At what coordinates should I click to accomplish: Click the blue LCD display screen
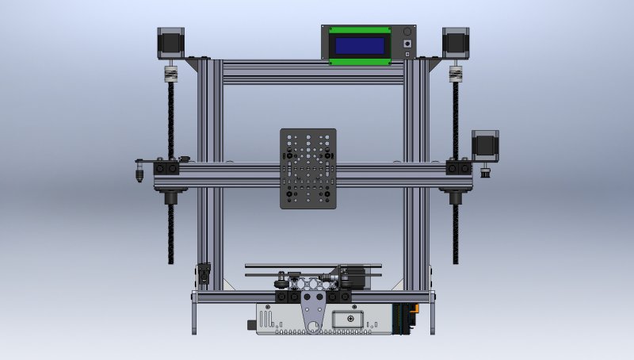click(361, 44)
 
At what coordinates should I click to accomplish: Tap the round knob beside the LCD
click(408, 42)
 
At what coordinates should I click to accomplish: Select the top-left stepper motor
click(170, 43)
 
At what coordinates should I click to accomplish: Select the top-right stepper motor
click(455, 43)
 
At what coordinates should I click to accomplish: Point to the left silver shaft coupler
click(169, 75)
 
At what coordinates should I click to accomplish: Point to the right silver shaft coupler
click(455, 75)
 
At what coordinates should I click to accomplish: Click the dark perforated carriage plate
click(308, 168)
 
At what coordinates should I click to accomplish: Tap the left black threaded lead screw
click(170, 230)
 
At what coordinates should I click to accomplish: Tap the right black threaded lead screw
click(456, 230)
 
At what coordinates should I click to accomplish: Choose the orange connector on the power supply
click(409, 317)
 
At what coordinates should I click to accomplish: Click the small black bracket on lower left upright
click(204, 273)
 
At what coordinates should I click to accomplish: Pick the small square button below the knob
click(408, 54)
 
